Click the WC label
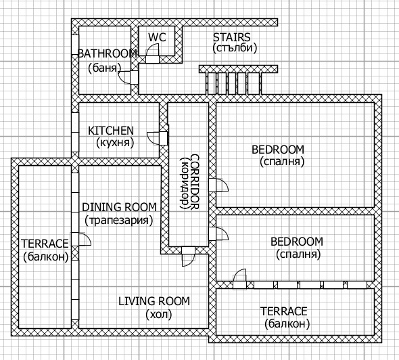tap(157, 37)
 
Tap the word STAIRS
tap(231, 37)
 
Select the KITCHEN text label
tap(111, 131)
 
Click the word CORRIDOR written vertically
tap(194, 181)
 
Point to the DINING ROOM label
tap(119, 207)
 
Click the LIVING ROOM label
tap(154, 301)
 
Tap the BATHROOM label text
tap(107, 53)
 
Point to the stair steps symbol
tap(233, 83)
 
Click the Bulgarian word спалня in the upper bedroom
tap(282, 162)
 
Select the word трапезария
tap(119, 220)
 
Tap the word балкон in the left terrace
tap(46, 256)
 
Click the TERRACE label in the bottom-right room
tap(284, 311)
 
